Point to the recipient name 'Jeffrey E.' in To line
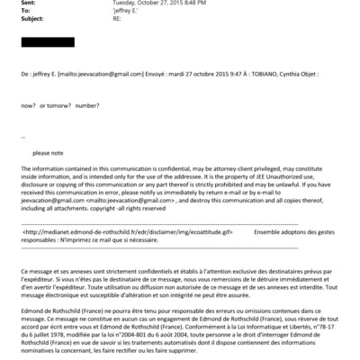[x=125, y=12]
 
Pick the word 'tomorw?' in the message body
[x=59, y=107]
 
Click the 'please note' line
[x=49, y=152]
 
